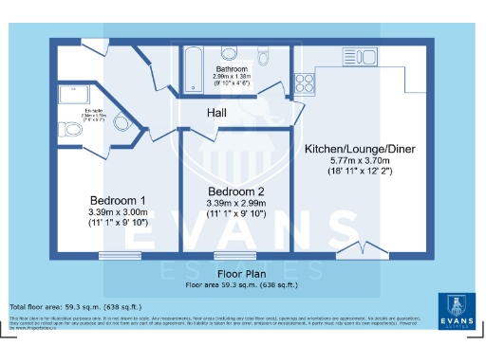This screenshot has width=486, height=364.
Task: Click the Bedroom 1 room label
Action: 118,201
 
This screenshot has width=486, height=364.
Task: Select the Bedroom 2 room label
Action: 235,191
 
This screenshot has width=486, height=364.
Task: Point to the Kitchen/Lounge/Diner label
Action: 360,150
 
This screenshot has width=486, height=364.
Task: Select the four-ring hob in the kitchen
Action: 307,82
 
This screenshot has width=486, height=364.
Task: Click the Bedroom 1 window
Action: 118,255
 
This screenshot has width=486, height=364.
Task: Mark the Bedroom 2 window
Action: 233,255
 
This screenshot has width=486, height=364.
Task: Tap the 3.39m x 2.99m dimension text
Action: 235,203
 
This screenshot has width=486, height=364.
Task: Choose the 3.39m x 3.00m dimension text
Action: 118,212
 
